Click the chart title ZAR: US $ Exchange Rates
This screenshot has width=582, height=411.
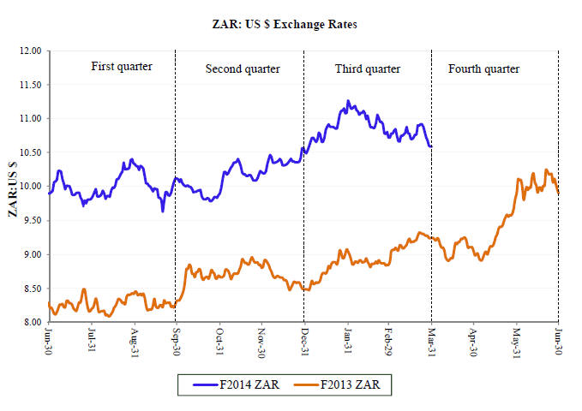click(x=291, y=24)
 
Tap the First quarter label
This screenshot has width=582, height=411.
click(x=122, y=66)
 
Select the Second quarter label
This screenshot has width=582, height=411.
click(x=240, y=68)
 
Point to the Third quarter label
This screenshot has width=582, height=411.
click(x=368, y=68)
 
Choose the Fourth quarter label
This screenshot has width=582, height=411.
click(x=483, y=68)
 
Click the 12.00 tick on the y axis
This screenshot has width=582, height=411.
click(x=30, y=51)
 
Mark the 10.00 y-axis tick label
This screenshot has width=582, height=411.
click(x=30, y=187)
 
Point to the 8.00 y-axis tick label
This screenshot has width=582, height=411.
click(x=31, y=323)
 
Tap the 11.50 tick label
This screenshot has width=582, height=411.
click(x=30, y=85)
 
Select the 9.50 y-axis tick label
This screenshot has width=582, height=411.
click(x=31, y=220)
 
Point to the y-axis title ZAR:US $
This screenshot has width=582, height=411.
click(x=14, y=187)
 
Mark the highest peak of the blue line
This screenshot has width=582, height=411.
click(x=348, y=101)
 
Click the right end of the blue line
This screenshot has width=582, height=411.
click(x=431, y=146)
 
